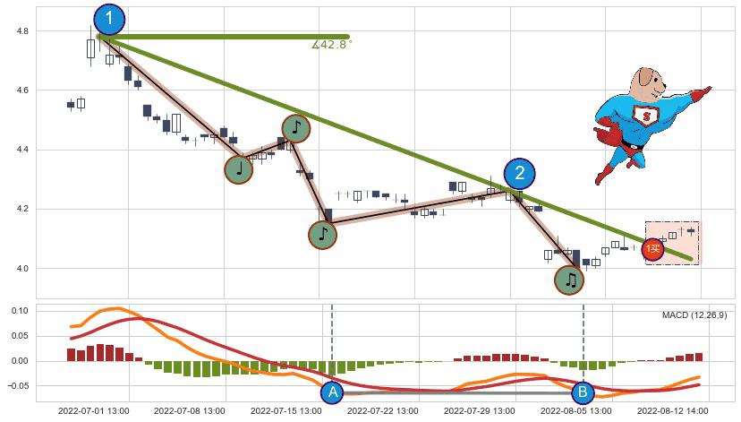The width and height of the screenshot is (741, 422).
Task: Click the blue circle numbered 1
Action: point(109,19)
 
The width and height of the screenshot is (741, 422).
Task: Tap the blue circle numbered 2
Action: point(519,174)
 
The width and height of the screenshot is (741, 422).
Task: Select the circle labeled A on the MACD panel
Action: point(332,392)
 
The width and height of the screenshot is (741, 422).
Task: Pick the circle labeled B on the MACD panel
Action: point(583,392)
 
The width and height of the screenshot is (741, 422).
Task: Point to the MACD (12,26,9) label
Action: point(694,315)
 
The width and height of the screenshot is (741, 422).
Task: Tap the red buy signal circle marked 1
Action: point(653,249)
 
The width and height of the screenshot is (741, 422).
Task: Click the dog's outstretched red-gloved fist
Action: point(704,91)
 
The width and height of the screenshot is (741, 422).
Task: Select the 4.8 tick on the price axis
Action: point(21,31)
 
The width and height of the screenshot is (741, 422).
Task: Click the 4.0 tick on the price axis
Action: point(21,269)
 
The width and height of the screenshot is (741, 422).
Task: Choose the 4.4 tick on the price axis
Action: point(21,150)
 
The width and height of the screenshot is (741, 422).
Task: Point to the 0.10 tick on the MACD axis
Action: point(20,311)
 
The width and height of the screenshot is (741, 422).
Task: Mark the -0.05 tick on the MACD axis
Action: point(18,386)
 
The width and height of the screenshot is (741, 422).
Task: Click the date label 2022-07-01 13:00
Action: point(92,411)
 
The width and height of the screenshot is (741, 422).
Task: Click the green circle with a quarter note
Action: point(238,168)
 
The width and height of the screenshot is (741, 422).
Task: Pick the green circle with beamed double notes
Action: point(569,280)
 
